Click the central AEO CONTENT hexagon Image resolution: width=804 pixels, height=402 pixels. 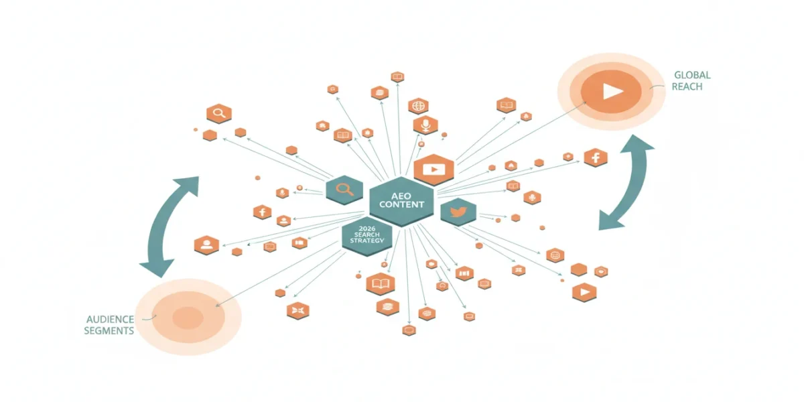(x=401, y=201)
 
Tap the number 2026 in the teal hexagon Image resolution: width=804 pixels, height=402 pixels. (x=367, y=228)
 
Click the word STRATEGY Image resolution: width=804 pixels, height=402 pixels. (x=367, y=241)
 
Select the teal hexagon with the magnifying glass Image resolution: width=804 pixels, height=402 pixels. (x=344, y=190)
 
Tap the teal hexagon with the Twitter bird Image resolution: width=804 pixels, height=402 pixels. (x=458, y=212)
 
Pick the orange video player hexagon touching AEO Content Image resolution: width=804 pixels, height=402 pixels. (x=434, y=170)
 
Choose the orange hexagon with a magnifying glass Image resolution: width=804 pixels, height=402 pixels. (x=219, y=113)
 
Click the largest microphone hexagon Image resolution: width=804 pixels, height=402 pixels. (x=425, y=125)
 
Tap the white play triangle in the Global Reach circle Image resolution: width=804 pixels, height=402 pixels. (x=612, y=91)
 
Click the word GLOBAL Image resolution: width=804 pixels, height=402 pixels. (x=692, y=75)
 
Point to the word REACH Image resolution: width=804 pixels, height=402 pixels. (x=687, y=86)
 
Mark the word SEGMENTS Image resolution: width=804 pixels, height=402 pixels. (x=109, y=330)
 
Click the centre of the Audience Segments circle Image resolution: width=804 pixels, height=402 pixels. (x=188, y=318)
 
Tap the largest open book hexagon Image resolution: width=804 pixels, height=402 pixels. (x=381, y=284)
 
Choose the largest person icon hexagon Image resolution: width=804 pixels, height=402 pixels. (x=206, y=245)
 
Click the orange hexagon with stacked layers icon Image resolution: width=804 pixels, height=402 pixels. (x=388, y=307)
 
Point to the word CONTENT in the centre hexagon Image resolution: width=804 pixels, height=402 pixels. (x=401, y=204)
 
